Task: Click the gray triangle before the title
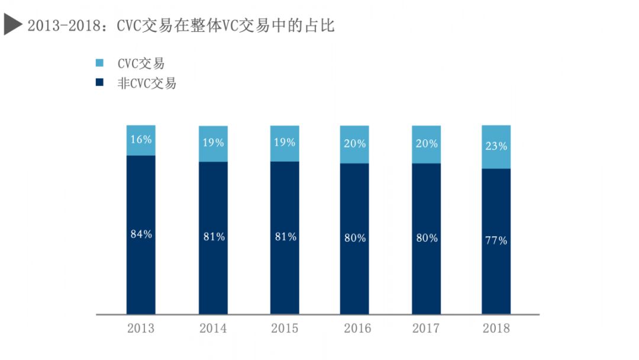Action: pyautogui.click(x=13, y=25)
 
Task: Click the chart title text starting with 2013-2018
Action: pyautogui.click(x=181, y=25)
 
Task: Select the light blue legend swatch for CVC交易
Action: pyautogui.click(x=99, y=63)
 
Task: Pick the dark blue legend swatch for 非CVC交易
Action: pyautogui.click(x=99, y=82)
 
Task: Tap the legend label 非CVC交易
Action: pyautogui.click(x=147, y=83)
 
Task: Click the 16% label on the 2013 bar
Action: pyautogui.click(x=141, y=140)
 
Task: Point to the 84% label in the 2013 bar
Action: pyautogui.click(x=141, y=234)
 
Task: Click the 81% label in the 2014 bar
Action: pyautogui.click(x=213, y=237)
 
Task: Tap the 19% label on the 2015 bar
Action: pyautogui.click(x=285, y=142)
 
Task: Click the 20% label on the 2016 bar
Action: pyautogui.click(x=354, y=143)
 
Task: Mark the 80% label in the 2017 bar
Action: pyautogui.click(x=426, y=238)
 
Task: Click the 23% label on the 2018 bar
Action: pyautogui.click(x=496, y=146)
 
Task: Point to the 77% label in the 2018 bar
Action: pyautogui.click(x=496, y=240)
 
